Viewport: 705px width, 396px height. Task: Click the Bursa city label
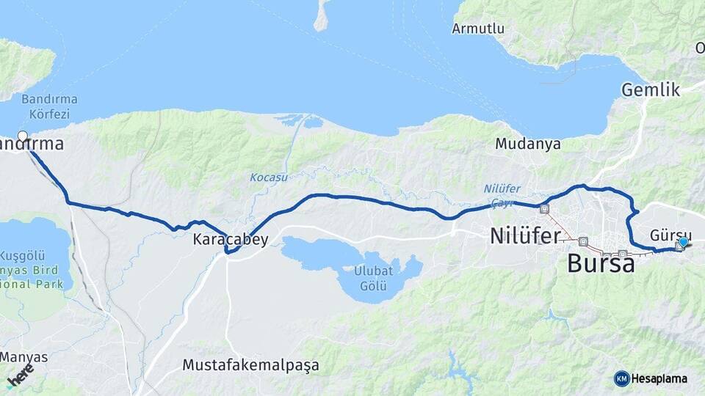tap(601, 263)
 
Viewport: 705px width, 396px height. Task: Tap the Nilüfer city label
tap(525, 235)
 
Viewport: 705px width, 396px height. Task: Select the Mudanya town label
tap(527, 144)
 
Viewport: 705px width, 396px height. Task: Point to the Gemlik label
tap(647, 89)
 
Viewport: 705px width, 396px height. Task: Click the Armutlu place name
tap(478, 29)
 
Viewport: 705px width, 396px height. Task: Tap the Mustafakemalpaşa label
tap(250, 364)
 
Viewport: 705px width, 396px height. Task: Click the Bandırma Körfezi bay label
tap(49, 106)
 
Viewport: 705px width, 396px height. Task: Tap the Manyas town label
tap(24, 357)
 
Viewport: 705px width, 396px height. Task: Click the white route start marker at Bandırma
tap(23, 136)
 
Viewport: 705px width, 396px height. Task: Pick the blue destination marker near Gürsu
tap(684, 242)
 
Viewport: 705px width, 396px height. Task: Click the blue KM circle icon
tap(621, 378)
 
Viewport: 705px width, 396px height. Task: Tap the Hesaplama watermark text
tap(659, 378)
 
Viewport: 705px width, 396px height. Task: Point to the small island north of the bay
tap(322, 16)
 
